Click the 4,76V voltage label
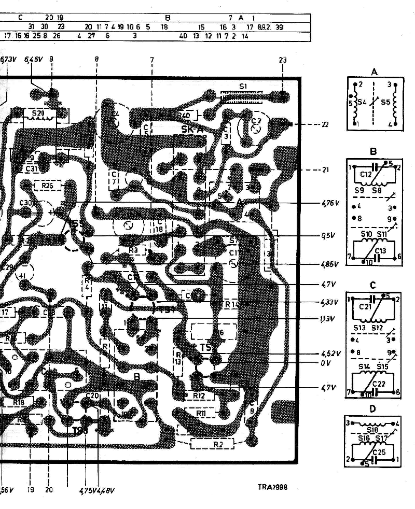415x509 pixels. pyautogui.click(x=330, y=203)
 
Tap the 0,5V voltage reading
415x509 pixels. pyautogui.click(x=327, y=235)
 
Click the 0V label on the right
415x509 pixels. pyautogui.click(x=326, y=363)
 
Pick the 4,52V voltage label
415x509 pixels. pyautogui.click(x=330, y=354)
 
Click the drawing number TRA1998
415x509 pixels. pyautogui.click(x=272, y=487)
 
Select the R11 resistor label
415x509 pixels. pyautogui.click(x=202, y=413)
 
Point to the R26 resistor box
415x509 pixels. pyautogui.click(x=47, y=185)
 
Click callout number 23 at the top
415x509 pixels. pyautogui.click(x=282, y=60)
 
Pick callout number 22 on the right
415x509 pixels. pyautogui.click(x=325, y=125)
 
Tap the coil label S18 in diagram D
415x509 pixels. pyautogui.click(x=372, y=430)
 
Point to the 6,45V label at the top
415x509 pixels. pyautogui.click(x=33, y=60)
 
